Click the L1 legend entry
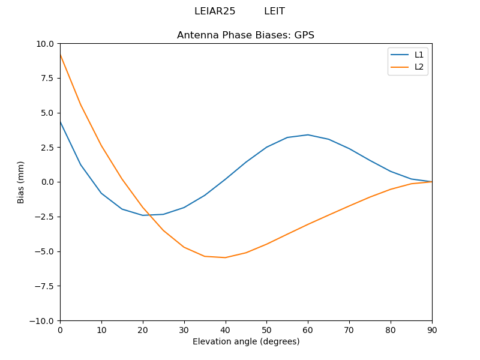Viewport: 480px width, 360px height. point(419,55)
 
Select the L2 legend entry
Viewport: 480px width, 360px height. point(419,67)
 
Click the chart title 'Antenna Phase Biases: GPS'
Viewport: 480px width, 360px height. point(245,35)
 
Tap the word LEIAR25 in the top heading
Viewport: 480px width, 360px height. point(215,11)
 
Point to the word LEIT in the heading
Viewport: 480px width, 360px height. point(274,11)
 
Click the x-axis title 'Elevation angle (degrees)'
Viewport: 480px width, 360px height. point(246,341)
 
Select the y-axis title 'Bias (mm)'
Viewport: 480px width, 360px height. point(21,182)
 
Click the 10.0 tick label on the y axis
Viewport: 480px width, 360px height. point(45,44)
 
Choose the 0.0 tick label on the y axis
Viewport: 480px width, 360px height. point(47,182)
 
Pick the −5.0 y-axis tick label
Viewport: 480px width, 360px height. point(44,251)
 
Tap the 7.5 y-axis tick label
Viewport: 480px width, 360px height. point(47,78)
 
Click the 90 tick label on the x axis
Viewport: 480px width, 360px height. point(432,329)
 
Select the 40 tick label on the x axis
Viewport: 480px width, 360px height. point(226,329)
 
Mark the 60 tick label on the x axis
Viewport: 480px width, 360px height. point(308,329)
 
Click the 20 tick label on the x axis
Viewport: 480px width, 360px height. point(143,329)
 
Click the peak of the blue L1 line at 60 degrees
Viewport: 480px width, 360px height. point(308,134)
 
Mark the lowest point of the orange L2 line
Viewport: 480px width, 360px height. point(226,257)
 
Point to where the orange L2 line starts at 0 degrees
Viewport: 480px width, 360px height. point(60,55)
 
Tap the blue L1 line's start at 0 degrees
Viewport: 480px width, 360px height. point(60,121)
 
